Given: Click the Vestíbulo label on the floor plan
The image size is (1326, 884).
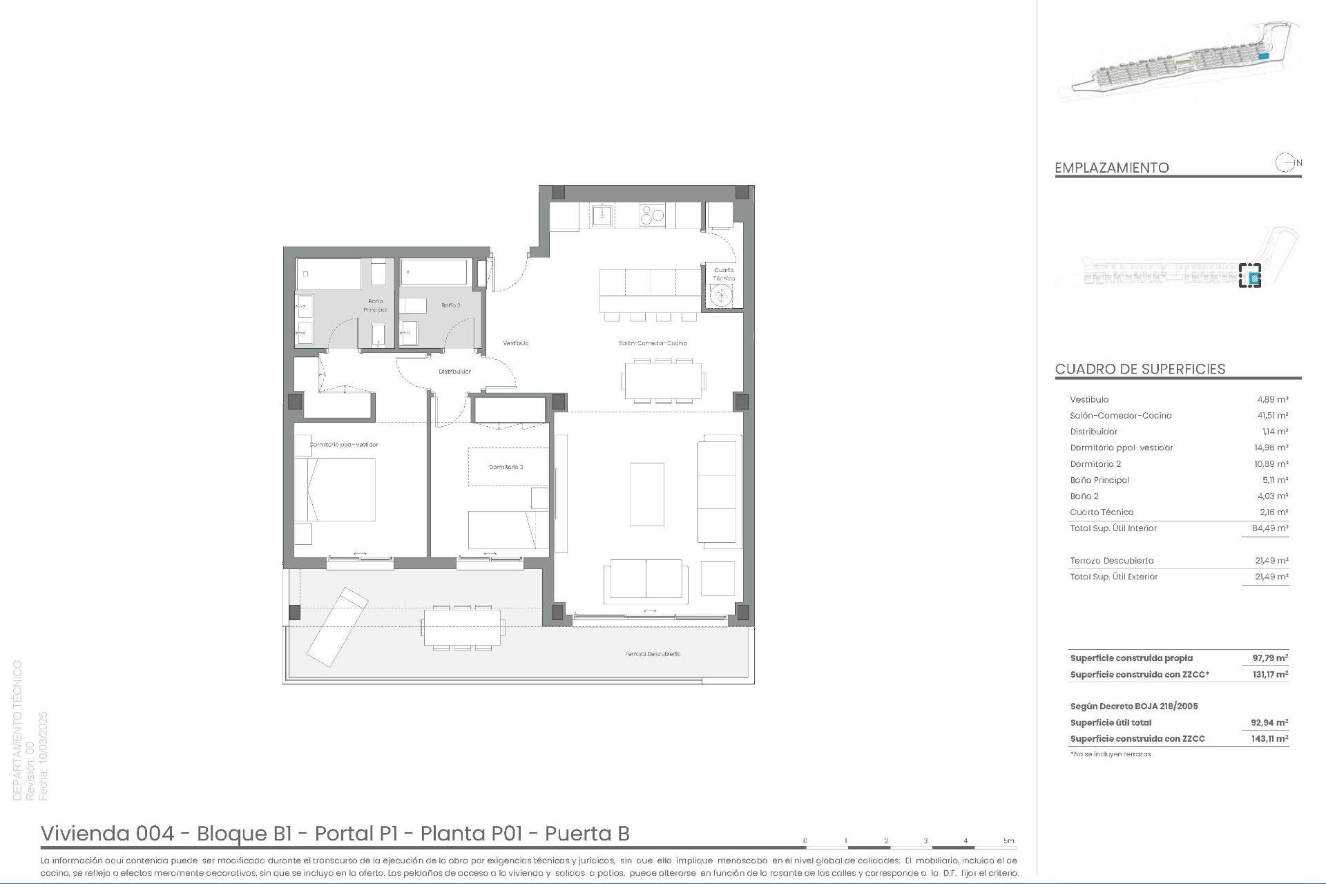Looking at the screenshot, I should click(x=515, y=343).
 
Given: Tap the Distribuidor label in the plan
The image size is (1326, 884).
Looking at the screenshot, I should click(x=454, y=372).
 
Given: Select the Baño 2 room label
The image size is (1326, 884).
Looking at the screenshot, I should click(x=450, y=305).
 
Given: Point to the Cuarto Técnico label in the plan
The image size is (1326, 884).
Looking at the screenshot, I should click(x=724, y=274).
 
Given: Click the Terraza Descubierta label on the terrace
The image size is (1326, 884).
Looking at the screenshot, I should click(x=653, y=653).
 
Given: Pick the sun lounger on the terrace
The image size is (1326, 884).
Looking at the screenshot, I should click(x=337, y=626).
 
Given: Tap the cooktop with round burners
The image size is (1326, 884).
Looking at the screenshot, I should click(x=652, y=216).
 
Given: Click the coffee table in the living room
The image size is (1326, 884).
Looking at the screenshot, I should click(x=647, y=494).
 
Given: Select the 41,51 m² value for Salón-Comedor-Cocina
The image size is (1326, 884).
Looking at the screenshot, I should click(x=1271, y=416).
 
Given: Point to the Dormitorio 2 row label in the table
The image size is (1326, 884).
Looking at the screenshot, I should click(x=1095, y=464).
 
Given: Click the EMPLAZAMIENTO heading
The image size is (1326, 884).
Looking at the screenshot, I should click(x=1111, y=168).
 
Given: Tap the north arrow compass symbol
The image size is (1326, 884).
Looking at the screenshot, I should click(x=1285, y=163).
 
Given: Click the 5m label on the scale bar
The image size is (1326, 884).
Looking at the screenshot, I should click(x=1008, y=841).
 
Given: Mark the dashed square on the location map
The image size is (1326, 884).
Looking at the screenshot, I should click(x=1249, y=276).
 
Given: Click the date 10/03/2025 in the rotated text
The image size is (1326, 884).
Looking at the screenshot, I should click(x=44, y=756).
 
